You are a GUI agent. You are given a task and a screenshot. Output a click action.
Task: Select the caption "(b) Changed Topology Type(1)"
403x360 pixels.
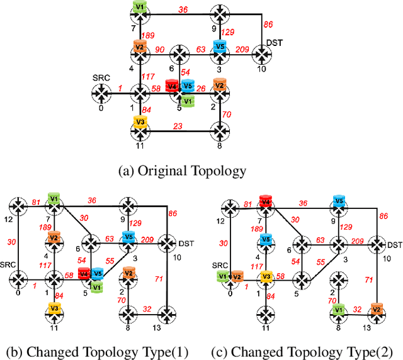click(x=96, y=351)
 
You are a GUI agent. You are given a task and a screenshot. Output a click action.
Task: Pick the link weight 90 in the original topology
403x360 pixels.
click(x=160, y=50)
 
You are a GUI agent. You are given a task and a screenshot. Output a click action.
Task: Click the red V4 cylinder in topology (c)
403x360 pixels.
click(x=266, y=201)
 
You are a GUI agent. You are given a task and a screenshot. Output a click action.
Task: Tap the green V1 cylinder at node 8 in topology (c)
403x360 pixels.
click(x=338, y=309)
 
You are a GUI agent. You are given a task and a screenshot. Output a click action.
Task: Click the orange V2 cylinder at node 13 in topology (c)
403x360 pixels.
click(x=377, y=309)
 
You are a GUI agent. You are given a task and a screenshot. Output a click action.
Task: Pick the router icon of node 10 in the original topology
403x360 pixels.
click(x=262, y=55)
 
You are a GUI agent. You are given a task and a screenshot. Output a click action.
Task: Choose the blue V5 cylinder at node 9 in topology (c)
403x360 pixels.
click(x=339, y=201)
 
